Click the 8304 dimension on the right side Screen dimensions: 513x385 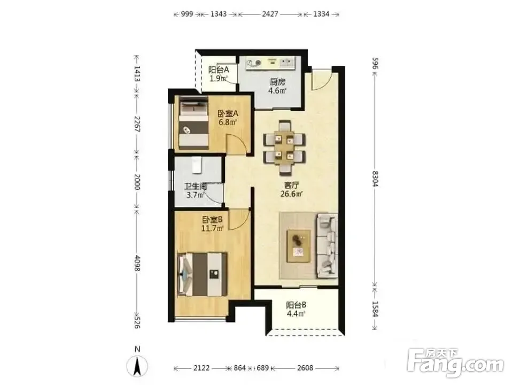(x=375, y=179)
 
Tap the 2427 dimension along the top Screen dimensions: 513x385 (x=270, y=14)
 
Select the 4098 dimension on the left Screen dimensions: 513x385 (x=137, y=263)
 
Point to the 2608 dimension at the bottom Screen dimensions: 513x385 (x=305, y=368)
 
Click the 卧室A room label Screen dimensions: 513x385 (x=228, y=113)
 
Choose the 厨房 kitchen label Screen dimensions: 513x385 (x=277, y=81)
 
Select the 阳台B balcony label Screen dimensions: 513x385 (x=296, y=305)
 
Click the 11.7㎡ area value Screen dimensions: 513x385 (x=212, y=228)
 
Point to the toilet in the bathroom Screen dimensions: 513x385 (x=197, y=165)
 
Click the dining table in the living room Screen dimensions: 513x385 (x=284, y=147)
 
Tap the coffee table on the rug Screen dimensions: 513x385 (x=298, y=246)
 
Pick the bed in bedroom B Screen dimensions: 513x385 (x=203, y=274)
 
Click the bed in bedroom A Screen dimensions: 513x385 (x=193, y=124)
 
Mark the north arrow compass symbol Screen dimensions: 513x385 (x=137, y=366)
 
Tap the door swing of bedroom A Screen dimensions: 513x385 (x=236, y=143)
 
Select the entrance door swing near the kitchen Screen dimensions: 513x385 (x=322, y=80)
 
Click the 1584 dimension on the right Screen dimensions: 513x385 (x=375, y=309)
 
